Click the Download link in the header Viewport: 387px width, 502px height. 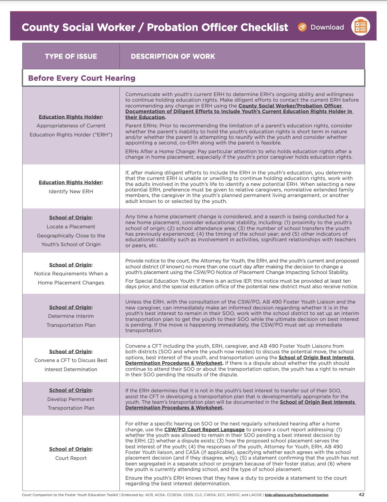[x=327, y=27]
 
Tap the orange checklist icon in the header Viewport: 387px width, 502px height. [x=361, y=27]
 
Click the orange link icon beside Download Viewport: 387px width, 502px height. [x=302, y=27]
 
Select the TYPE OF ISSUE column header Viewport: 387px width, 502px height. [x=71, y=56]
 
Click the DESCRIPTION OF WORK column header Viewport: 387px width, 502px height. [x=173, y=56]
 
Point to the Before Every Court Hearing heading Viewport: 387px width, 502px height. [x=82, y=78]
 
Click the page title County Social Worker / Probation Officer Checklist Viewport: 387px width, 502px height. [x=155, y=27]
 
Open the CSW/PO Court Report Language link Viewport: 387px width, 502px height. [x=204, y=430]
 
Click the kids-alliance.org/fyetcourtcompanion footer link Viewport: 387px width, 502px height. [x=297, y=495]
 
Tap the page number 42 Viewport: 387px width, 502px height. [x=361, y=494]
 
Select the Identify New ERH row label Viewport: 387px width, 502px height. [x=71, y=191]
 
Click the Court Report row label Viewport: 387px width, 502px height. [x=71, y=458]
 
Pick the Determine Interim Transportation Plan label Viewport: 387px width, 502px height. [x=71, y=320]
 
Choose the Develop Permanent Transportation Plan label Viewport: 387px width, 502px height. [x=71, y=403]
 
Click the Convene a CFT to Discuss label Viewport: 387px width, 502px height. [x=71, y=364]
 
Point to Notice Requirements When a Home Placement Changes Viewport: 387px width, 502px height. [x=71, y=278]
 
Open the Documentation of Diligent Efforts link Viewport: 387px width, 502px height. [x=239, y=111]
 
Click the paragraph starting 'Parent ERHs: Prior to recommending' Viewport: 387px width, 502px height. [x=239, y=134]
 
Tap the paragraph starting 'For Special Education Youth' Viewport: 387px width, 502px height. [x=241, y=284]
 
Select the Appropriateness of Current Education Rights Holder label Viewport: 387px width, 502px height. [x=71, y=130]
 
